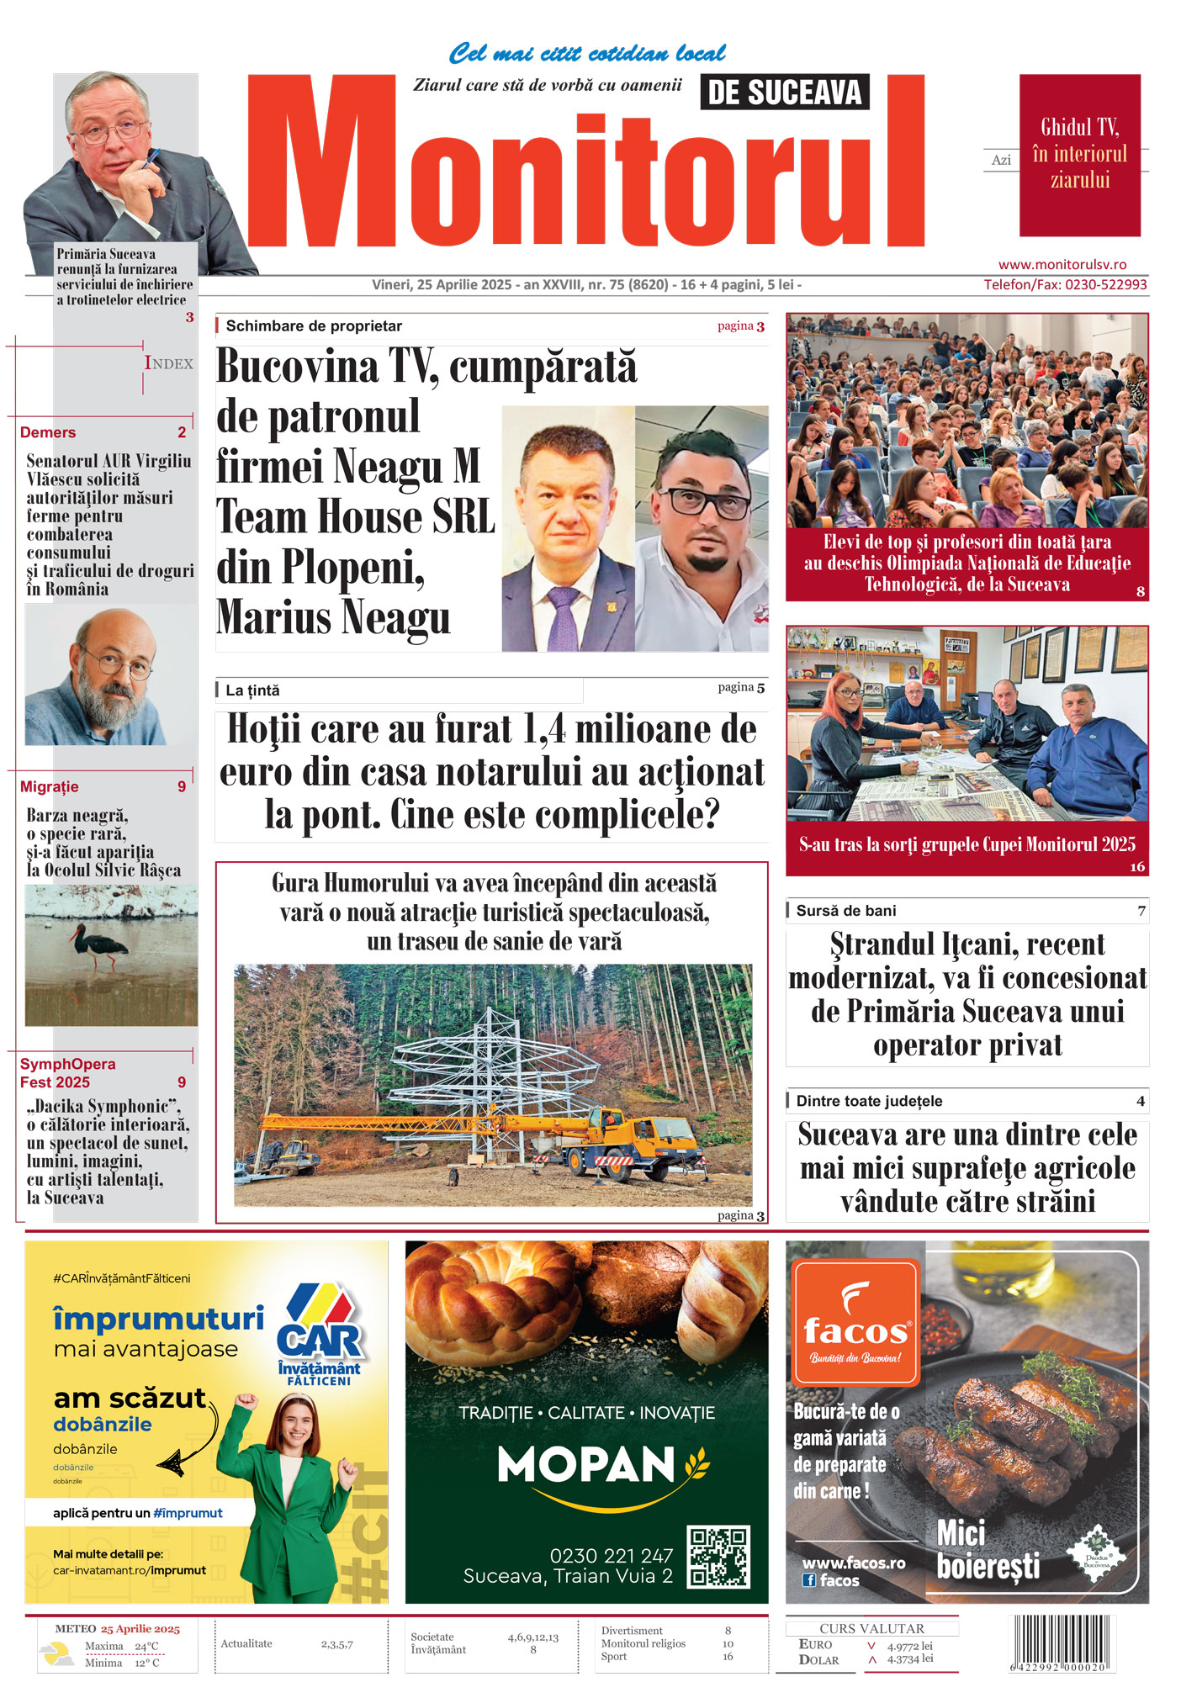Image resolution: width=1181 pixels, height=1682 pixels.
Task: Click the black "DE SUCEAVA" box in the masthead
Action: (784, 93)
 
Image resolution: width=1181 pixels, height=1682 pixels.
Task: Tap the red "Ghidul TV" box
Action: (1079, 155)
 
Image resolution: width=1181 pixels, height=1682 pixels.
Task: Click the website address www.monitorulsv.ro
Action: (1062, 264)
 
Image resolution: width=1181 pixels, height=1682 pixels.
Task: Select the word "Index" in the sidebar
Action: (168, 363)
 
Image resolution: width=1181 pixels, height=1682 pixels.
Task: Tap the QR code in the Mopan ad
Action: (718, 1557)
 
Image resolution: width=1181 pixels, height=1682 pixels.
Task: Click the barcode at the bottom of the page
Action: (1060, 1642)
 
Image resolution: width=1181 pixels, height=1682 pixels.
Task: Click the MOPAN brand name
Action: (586, 1464)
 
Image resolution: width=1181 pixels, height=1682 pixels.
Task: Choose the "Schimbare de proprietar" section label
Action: (314, 326)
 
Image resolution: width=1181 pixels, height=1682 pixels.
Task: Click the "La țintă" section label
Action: (252, 690)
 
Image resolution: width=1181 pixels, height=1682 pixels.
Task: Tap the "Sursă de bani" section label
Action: (845, 911)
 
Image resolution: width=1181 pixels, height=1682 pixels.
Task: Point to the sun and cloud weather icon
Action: (57, 1654)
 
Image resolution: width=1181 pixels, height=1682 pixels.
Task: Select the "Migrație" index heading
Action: (50, 787)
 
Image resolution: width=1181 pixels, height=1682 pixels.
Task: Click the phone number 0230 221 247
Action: (611, 1556)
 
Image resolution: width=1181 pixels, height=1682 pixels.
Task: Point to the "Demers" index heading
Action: (48, 432)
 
